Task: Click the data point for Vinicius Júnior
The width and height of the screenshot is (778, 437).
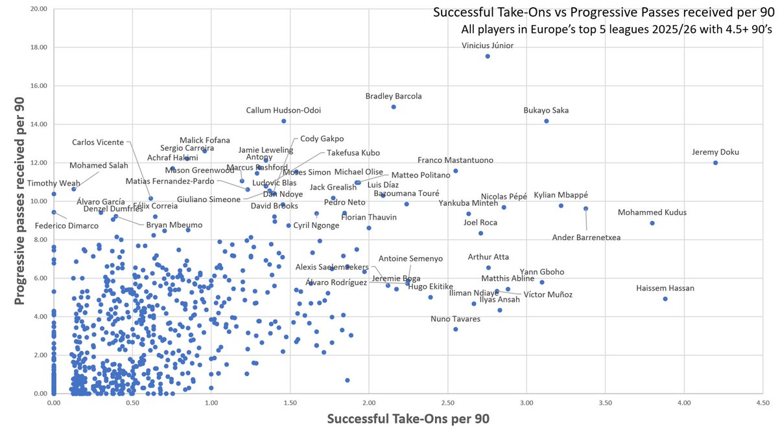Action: tap(488, 56)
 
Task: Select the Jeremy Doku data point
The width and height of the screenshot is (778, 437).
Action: tap(715, 162)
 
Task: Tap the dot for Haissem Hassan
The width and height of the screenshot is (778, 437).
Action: tap(665, 299)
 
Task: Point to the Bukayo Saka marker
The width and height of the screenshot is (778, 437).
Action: tap(547, 121)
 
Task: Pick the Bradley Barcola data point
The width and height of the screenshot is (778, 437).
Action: tap(394, 107)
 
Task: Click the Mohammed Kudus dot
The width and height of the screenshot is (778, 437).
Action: tap(652, 223)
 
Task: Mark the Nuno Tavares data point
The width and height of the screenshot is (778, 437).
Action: tap(456, 330)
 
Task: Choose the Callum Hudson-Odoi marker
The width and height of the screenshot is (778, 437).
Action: tap(283, 121)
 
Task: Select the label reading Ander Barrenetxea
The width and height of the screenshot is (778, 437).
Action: tap(586, 238)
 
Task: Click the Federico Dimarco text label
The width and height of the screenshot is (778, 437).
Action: tap(66, 226)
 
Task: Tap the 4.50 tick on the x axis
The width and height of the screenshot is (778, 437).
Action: tap(762, 403)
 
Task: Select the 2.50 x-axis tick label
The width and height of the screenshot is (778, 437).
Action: tap(447, 403)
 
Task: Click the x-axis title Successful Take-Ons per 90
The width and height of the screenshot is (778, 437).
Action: tap(408, 420)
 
